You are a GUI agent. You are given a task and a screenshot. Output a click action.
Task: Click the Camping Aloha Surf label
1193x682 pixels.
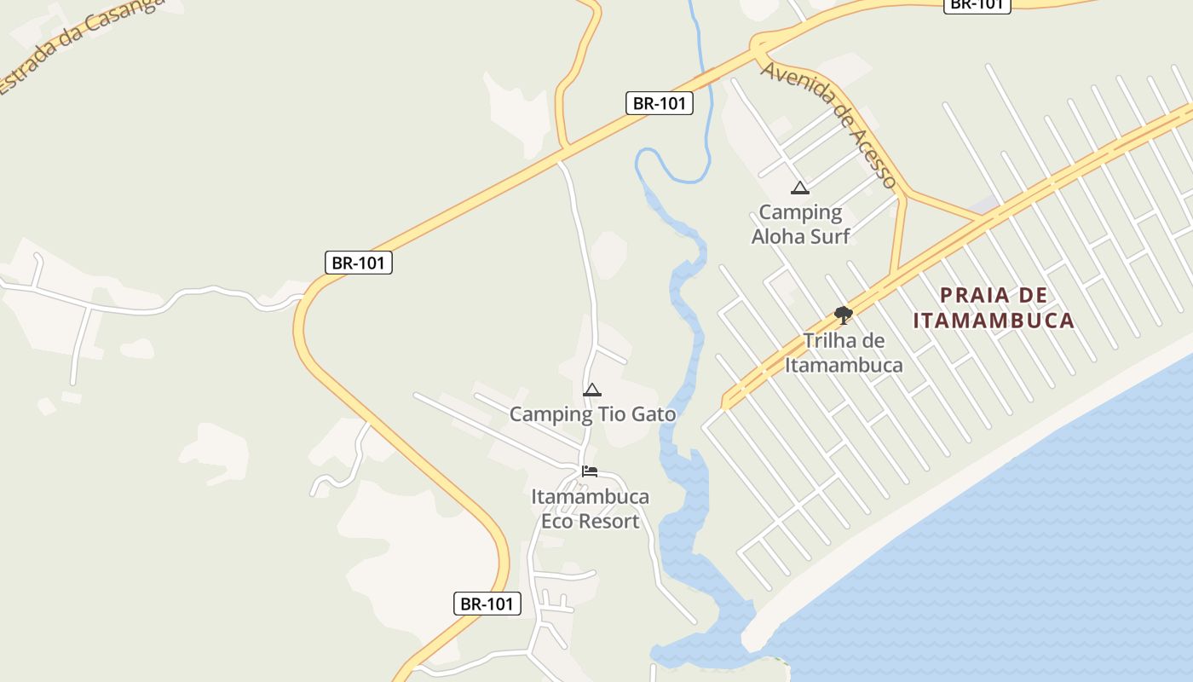[800, 223]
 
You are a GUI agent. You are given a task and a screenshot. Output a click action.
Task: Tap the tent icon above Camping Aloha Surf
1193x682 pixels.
[799, 188]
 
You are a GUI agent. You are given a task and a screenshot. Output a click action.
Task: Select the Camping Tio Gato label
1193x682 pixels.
[592, 414]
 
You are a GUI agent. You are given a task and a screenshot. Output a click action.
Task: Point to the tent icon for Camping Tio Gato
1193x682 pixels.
[592, 390]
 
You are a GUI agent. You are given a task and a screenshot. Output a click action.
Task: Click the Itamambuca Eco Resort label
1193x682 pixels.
[590, 508]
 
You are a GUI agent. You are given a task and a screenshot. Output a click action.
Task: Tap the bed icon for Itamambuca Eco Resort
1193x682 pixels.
[590, 471]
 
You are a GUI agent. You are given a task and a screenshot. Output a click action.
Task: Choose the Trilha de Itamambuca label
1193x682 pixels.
[844, 353]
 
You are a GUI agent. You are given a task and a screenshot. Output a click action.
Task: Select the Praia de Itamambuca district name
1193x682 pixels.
[994, 308]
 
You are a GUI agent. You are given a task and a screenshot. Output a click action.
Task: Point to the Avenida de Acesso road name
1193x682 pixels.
[829, 124]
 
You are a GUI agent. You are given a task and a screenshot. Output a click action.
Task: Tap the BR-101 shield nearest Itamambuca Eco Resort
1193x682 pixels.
[487, 604]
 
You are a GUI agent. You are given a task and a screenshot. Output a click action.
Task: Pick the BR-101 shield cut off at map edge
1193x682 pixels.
[977, 4]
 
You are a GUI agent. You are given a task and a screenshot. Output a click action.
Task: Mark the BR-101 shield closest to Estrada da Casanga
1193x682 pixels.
[359, 263]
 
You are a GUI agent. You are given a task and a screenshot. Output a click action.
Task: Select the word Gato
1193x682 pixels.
[651, 414]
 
